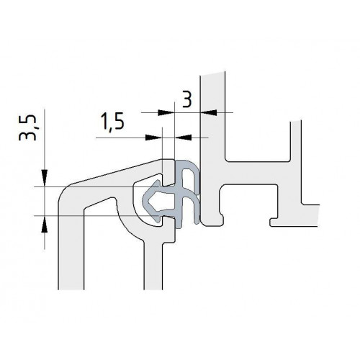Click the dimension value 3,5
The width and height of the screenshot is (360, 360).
pyautogui.click(x=28, y=127)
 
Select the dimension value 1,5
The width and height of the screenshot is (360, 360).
pyautogui.click(x=112, y=121)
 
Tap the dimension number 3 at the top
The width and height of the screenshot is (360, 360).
pyautogui.click(x=187, y=99)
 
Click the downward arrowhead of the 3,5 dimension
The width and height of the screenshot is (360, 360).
pyautogui.click(x=45, y=178)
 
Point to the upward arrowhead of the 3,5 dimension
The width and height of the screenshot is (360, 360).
pyautogui.click(x=45, y=224)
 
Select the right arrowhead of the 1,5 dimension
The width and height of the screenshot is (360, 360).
pyautogui.click(x=184, y=138)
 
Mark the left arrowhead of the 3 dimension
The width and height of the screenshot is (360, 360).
pyautogui.click(x=166, y=112)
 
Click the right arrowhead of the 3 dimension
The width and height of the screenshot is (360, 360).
pyautogui.click(x=209, y=112)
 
